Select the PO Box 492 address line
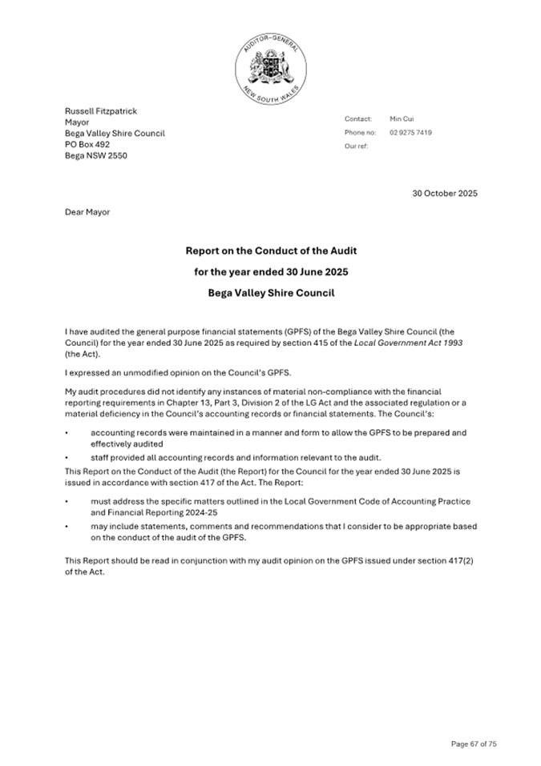[x=87, y=144]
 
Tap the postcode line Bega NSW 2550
[x=95, y=155]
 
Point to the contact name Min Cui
[x=402, y=118]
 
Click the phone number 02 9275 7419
[x=410, y=132]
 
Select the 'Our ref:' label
[x=357, y=146]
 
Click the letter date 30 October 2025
[x=445, y=193]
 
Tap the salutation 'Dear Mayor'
[x=87, y=212]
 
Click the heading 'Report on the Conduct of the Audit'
[x=271, y=251]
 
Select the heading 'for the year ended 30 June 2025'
[x=271, y=272]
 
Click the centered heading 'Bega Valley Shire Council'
[x=271, y=293]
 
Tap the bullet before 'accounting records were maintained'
[x=67, y=433]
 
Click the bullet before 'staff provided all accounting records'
[x=67, y=456]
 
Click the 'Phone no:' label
[x=360, y=132]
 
